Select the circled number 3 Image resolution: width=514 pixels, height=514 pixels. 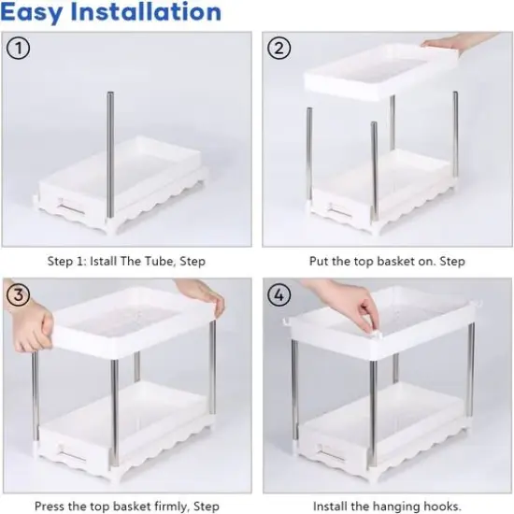(18, 295)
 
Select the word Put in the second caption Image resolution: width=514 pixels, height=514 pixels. (320, 262)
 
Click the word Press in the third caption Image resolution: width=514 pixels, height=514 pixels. (50, 507)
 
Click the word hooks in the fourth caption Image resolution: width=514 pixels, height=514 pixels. (441, 507)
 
